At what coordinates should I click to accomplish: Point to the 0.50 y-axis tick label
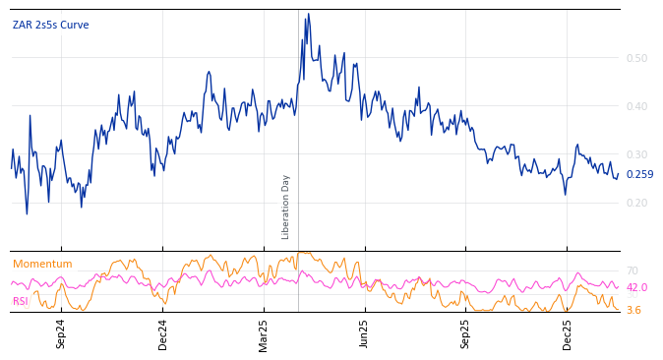pyautogui.click(x=636, y=58)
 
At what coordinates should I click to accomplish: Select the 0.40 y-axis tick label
pyautogui.click(x=636, y=106)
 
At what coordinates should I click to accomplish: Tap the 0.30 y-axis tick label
pyautogui.click(x=636, y=154)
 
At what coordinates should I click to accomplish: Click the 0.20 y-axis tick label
pyautogui.click(x=636, y=203)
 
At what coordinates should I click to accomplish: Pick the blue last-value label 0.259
pyautogui.click(x=639, y=175)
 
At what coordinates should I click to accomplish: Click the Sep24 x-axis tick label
pyautogui.click(x=61, y=333)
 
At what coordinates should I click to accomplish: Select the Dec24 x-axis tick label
pyautogui.click(x=163, y=333)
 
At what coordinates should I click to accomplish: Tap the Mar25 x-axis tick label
pyautogui.click(x=264, y=333)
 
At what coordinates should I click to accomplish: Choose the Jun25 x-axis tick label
pyautogui.click(x=365, y=333)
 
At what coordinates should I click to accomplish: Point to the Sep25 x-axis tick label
pyautogui.click(x=466, y=333)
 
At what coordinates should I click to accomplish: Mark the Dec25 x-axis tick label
pyautogui.click(x=568, y=333)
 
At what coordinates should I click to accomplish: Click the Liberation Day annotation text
pyautogui.click(x=286, y=207)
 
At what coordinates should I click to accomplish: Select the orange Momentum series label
pyautogui.click(x=42, y=265)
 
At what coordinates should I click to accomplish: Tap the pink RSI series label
pyautogui.click(x=21, y=301)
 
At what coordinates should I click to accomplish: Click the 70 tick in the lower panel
pyautogui.click(x=633, y=270)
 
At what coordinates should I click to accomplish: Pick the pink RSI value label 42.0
pyautogui.click(x=636, y=287)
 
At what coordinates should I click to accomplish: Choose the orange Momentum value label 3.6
pyautogui.click(x=633, y=311)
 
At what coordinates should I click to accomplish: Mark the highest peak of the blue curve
pyautogui.click(x=308, y=15)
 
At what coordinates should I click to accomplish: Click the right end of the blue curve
pyautogui.click(x=618, y=175)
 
